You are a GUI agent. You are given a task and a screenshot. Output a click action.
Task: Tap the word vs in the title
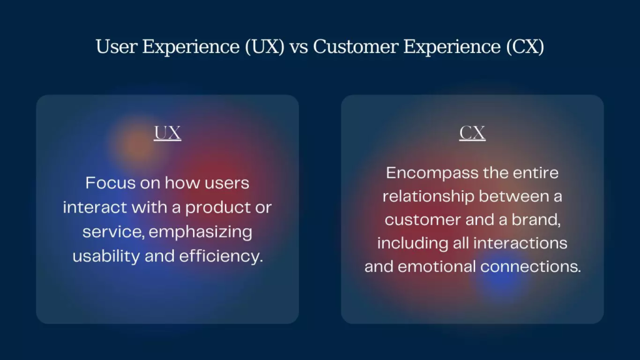tap(299, 47)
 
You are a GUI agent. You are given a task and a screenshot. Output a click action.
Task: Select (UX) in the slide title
tap(264, 47)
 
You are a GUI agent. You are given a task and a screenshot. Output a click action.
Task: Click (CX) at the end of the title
tap(525, 47)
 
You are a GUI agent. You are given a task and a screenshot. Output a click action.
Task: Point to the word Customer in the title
tap(356, 47)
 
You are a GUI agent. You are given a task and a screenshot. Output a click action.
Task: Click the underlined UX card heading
tap(167, 133)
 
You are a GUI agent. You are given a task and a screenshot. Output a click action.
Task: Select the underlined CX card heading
tap(472, 133)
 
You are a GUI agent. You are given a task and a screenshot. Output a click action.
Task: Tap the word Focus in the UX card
tap(110, 183)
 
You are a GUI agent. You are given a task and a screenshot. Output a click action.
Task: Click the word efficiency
tap(221, 256)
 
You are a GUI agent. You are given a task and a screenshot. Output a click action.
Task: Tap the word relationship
tap(429, 197)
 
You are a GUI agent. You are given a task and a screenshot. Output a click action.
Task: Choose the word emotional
tap(437, 267)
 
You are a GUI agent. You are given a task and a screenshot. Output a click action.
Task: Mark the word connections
tap(530, 267)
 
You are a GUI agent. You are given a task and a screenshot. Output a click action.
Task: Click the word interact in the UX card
tap(95, 207)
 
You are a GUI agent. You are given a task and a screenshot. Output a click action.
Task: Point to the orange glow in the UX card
tap(137, 144)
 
